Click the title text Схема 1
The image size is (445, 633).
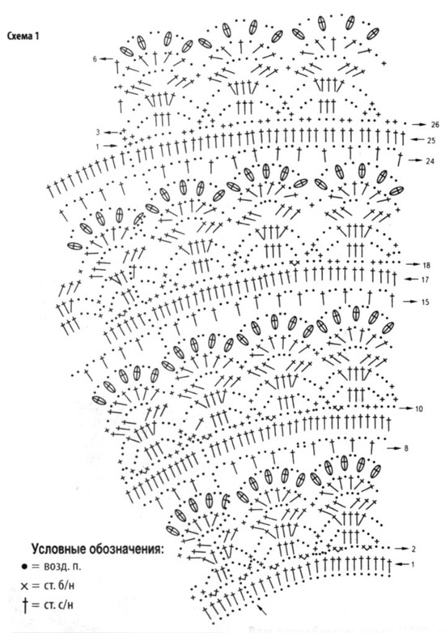coord(23,36)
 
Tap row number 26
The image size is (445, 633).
coord(435,125)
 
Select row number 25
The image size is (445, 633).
coord(431,140)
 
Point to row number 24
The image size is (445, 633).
coord(430,161)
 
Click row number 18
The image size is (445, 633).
coord(426,265)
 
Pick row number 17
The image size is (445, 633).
coord(425,280)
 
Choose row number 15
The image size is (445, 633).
coord(426,302)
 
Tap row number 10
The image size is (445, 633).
coord(419,409)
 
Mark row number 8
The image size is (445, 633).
coord(406,448)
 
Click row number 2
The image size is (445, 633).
coord(413,549)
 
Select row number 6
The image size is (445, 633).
coord(95,59)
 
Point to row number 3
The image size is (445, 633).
coord(98,132)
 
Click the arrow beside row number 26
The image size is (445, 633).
coord(420,125)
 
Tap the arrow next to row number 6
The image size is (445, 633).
coord(107,59)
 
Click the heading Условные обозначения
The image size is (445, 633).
coord(98,550)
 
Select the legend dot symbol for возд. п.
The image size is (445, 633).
coord(24,567)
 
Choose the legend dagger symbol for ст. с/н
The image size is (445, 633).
coord(25,605)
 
